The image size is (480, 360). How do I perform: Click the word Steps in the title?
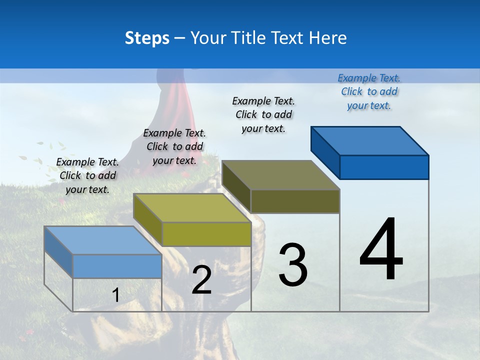point(147,38)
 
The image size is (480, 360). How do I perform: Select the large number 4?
point(381,250)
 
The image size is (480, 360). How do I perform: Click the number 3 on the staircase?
point(293,265)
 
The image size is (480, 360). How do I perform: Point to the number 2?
point(201,280)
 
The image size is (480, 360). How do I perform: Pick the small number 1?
point(115,295)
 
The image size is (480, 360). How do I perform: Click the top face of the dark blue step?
point(370,140)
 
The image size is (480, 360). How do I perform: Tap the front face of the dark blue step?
point(384,167)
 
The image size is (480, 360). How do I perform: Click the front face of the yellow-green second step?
point(206,234)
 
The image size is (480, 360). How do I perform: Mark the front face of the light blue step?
point(117,266)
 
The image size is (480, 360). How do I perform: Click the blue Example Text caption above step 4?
point(369,91)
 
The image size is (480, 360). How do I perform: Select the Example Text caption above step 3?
point(263,114)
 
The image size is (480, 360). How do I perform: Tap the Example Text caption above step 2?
point(174,146)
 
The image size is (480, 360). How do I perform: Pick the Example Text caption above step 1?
point(87,175)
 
